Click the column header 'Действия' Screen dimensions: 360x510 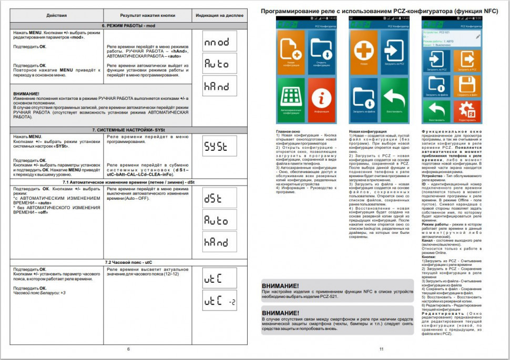click(57, 15)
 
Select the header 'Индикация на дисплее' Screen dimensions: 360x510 click(219, 15)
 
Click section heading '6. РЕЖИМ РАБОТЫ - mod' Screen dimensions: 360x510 click(128, 25)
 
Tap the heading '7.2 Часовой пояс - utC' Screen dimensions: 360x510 click(128, 261)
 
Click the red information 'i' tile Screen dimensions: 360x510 click(321, 97)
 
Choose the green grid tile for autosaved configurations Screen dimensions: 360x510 click(291, 97)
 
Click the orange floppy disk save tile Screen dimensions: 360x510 click(465, 86)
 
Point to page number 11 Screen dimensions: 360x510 click(381, 349)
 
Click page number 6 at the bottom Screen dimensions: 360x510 click(128, 349)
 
